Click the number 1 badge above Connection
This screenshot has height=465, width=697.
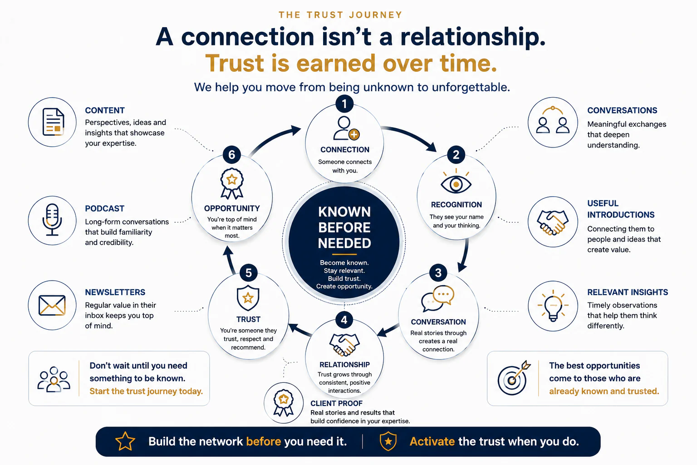point(344,104)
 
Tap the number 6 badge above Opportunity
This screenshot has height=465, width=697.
point(232,154)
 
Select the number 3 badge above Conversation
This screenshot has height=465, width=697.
point(438,273)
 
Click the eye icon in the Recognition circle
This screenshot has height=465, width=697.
point(456,182)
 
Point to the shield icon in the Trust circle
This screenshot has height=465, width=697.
point(248,298)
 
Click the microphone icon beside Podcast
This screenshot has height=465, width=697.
point(52,220)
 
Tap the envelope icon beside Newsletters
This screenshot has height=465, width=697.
point(52,305)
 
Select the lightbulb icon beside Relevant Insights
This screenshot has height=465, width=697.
point(553,306)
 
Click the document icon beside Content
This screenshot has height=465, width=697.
point(53,122)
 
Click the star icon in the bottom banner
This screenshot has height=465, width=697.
point(125,441)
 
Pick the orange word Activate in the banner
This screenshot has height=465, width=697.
point(432,442)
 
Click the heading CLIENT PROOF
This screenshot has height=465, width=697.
point(336,403)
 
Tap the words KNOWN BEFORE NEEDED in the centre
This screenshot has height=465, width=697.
point(344,228)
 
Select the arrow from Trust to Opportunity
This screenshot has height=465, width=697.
point(229,260)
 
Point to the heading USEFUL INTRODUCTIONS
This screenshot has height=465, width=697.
point(621,209)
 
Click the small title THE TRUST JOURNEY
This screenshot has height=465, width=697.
point(341,15)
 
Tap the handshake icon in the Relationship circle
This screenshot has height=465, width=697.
point(344,345)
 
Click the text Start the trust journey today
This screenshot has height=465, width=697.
point(146,391)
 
